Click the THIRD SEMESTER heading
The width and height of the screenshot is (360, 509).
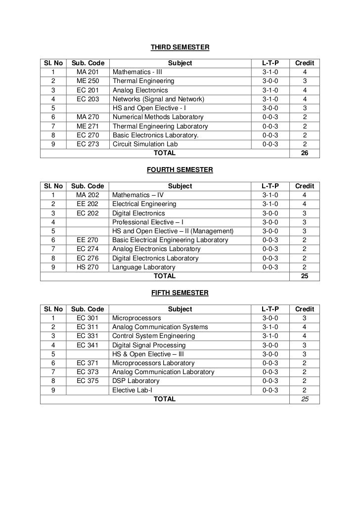coord(180,47)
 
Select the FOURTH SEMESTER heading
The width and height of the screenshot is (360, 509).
coord(180,170)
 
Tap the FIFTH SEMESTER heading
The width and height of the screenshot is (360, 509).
coord(180,293)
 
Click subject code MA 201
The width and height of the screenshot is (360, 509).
coord(88,72)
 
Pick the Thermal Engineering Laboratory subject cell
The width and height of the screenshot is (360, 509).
coord(160,127)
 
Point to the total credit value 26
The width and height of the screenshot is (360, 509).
coord(304,153)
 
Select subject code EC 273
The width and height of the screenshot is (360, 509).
coord(88,144)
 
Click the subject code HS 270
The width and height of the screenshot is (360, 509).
coord(88,267)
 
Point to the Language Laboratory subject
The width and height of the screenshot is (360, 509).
coord(144,267)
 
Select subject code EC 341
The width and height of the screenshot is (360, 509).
coord(88,345)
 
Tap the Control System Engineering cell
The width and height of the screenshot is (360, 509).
coord(153,336)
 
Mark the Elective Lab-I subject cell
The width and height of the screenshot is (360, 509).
coord(132,390)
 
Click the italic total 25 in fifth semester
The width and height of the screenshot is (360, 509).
coord(304,399)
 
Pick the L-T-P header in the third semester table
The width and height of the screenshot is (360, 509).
coord(270,63)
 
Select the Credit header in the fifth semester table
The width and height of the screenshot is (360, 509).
coord(304,309)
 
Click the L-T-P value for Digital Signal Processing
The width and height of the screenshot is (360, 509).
coord(270,345)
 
